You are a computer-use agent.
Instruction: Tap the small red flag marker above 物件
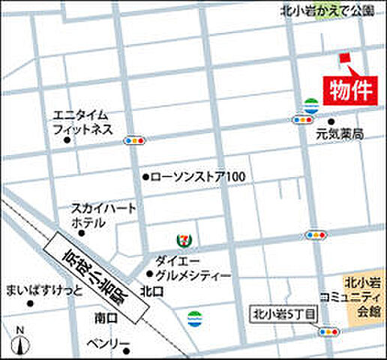click(x=345, y=58)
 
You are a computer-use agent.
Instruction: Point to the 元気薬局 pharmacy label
click(x=340, y=134)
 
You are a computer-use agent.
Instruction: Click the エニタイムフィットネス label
click(x=82, y=122)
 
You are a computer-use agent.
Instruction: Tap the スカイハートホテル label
click(x=104, y=215)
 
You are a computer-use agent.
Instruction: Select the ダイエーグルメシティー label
click(x=193, y=268)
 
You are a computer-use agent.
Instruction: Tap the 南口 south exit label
click(x=106, y=318)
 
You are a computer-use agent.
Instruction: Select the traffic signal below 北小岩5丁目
click(x=328, y=331)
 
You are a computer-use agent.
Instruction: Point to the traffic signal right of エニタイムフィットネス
click(x=135, y=140)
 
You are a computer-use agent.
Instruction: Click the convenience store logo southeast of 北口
click(x=194, y=316)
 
